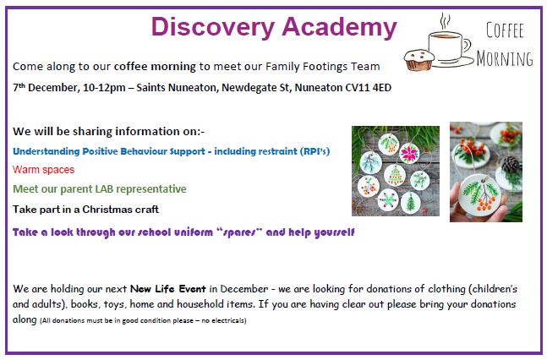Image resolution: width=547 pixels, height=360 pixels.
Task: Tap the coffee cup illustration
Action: click(x=447, y=41)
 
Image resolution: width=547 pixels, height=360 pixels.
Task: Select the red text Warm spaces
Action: click(x=43, y=170)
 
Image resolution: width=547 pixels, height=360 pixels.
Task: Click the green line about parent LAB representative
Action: click(x=100, y=189)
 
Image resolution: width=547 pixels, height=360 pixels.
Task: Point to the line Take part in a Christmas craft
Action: click(x=85, y=209)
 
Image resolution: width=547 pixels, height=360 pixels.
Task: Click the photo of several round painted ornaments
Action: click(x=395, y=171)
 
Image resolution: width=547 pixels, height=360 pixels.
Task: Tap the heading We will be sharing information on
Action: click(x=109, y=131)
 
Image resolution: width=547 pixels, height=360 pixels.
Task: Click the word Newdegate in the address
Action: click(x=234, y=88)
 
